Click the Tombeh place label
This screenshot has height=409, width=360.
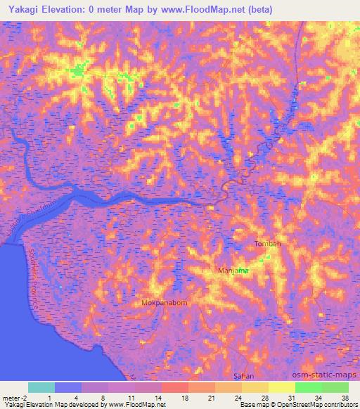point(266,244)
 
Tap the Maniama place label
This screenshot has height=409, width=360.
point(233,271)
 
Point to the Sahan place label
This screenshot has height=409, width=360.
point(243,377)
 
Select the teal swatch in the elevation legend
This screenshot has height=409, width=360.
point(41,387)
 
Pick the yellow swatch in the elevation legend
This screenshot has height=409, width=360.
point(282,387)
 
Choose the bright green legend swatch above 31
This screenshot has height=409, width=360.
point(308,387)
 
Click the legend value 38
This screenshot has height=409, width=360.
point(345,397)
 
